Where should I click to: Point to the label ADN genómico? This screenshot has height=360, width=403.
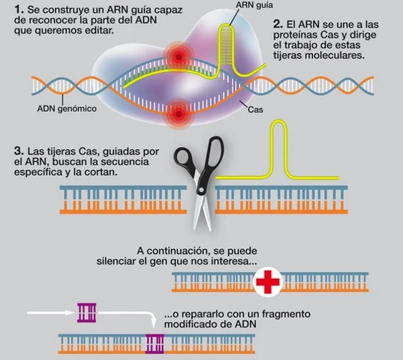point(66,108)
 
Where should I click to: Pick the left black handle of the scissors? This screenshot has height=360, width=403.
point(185,156)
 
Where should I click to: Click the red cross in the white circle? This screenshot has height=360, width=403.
point(268,282)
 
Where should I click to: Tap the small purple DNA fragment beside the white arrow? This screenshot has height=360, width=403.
point(86,310)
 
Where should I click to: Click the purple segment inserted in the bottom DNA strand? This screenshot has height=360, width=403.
point(155,343)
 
